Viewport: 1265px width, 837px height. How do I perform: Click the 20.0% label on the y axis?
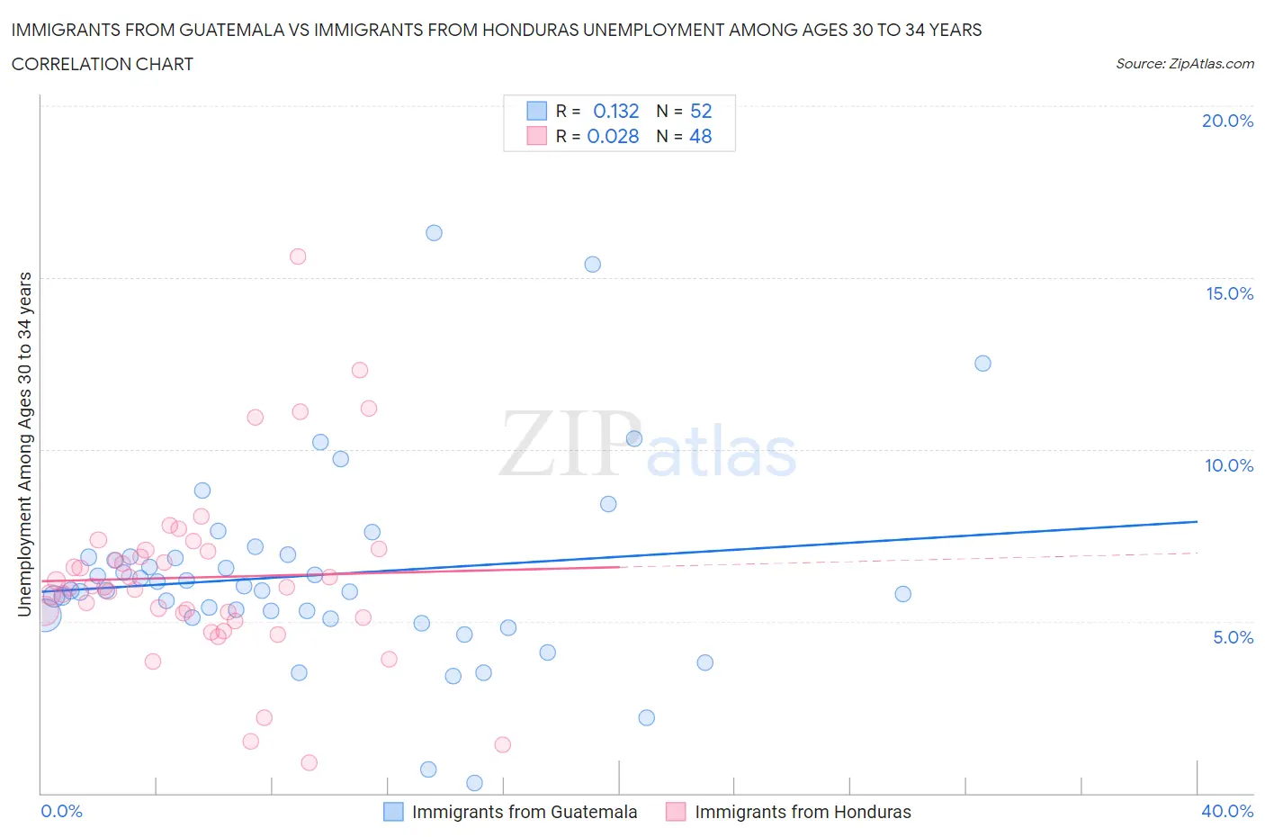click(1227, 121)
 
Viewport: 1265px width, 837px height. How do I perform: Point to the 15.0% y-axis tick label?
click(1229, 293)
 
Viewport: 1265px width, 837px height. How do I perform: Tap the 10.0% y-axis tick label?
click(1229, 465)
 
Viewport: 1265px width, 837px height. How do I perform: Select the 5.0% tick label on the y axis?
click(1233, 637)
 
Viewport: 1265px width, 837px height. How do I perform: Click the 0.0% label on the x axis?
click(61, 811)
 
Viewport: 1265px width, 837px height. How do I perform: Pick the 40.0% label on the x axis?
click(1227, 811)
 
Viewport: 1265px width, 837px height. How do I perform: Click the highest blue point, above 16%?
click(434, 233)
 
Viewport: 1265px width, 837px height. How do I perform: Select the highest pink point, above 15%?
click(298, 256)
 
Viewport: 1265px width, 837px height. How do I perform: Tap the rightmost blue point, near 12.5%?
click(982, 364)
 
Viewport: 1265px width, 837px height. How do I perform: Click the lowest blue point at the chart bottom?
click(475, 783)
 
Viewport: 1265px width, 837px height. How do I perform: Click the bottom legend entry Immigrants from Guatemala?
click(524, 812)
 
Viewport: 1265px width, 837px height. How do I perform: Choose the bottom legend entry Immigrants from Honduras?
click(803, 812)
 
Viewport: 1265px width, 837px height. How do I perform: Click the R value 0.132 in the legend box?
click(615, 111)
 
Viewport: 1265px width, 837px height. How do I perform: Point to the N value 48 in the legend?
click(700, 136)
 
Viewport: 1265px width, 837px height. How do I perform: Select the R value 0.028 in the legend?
click(613, 136)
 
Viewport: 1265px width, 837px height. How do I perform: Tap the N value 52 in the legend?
click(700, 111)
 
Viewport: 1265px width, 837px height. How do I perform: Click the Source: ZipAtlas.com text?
click(1184, 64)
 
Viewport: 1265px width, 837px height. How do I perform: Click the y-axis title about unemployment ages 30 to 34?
click(24, 444)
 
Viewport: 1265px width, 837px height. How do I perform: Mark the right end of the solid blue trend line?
click(1198, 521)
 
